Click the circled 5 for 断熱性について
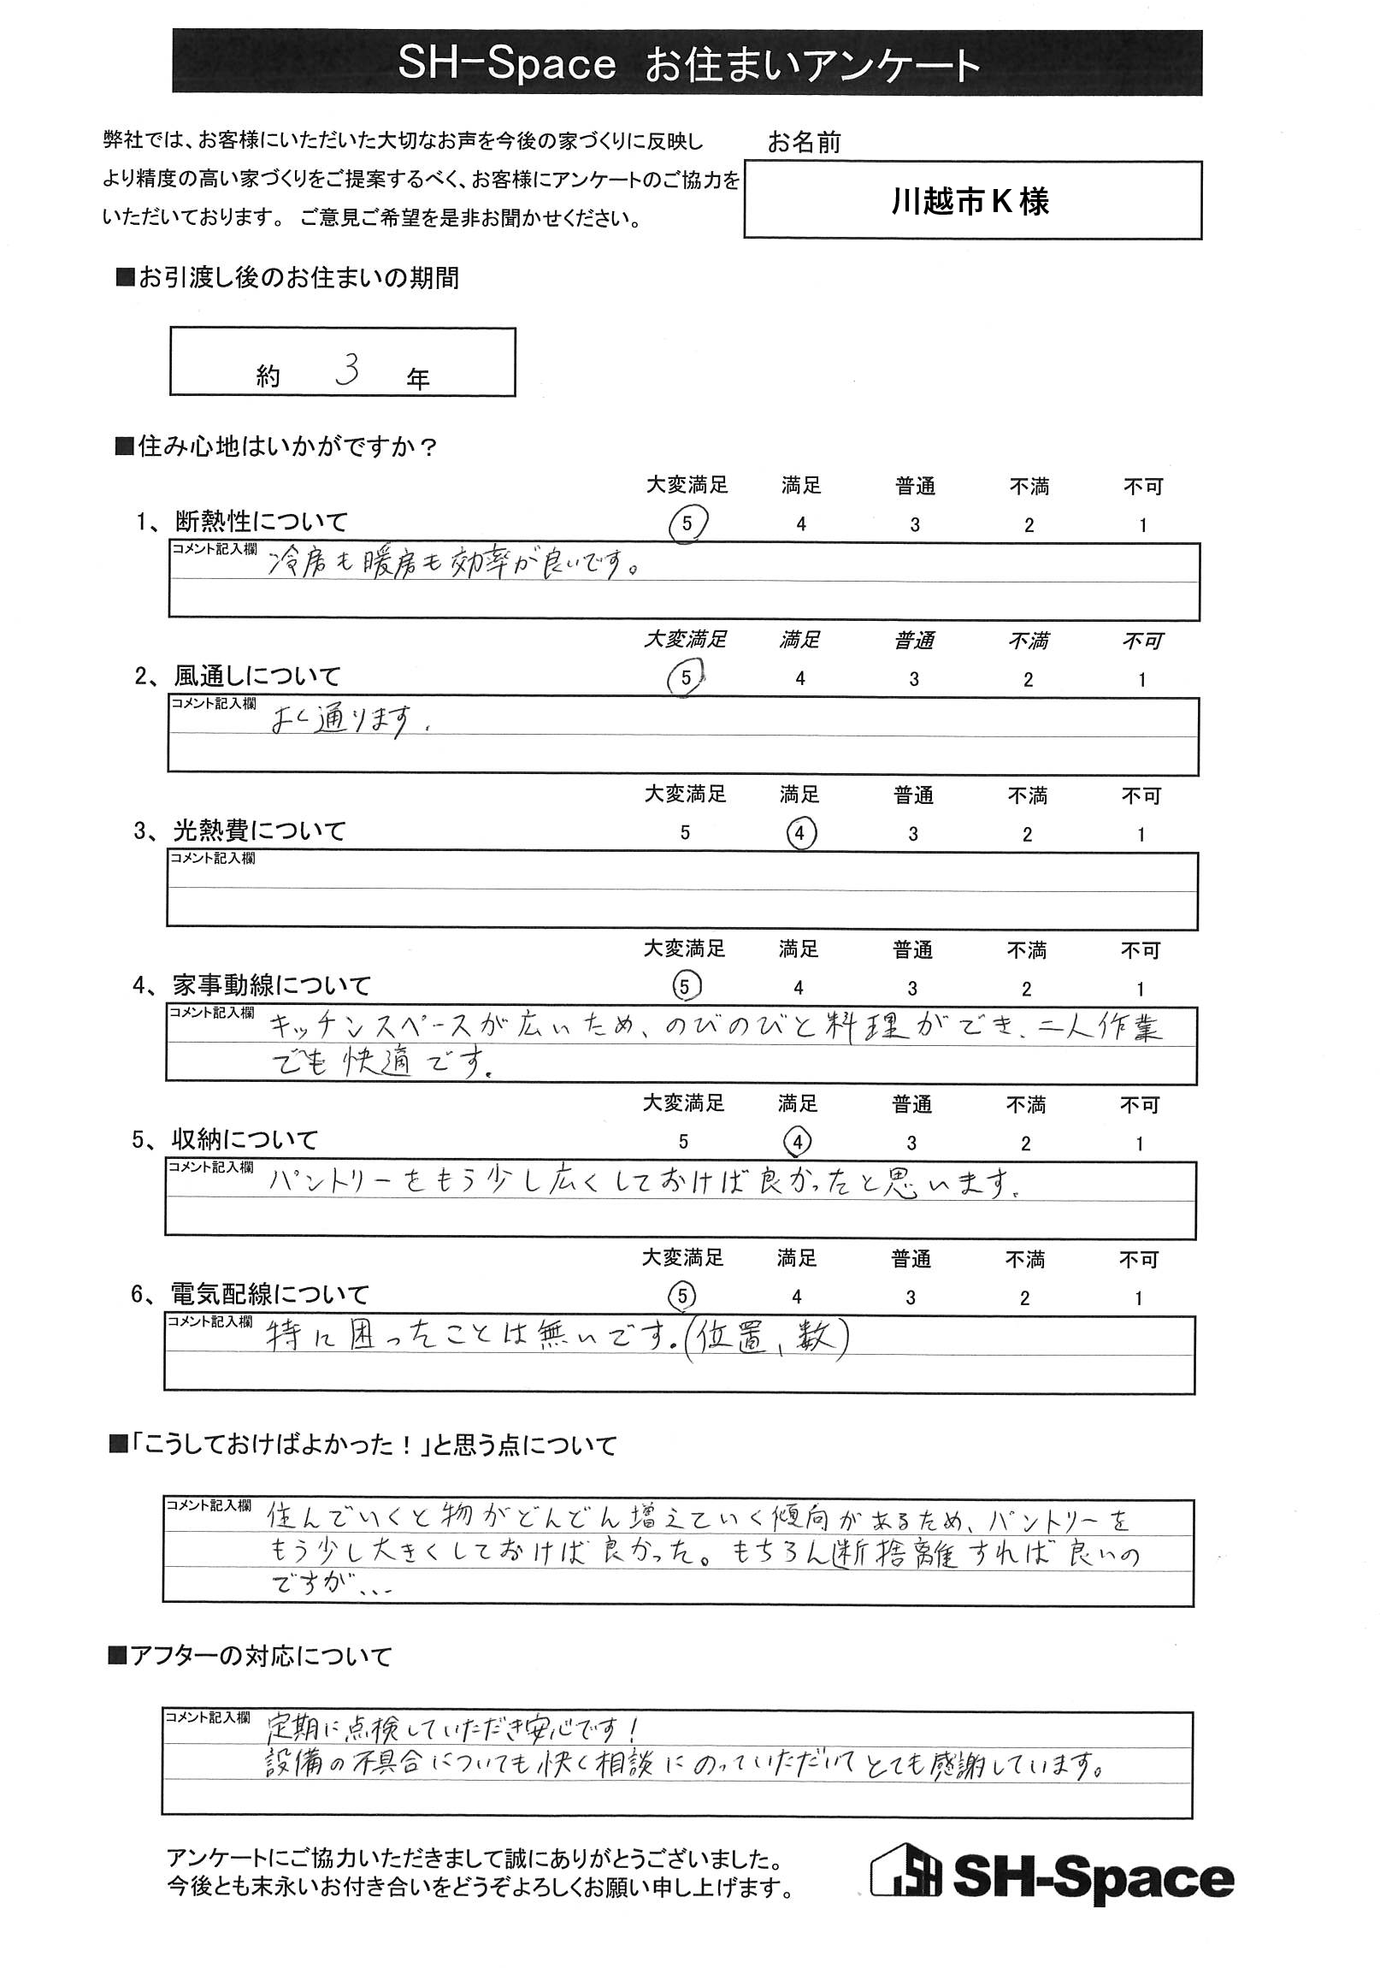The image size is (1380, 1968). (687, 523)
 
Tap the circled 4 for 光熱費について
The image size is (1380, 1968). (800, 833)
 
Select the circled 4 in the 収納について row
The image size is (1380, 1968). (797, 1142)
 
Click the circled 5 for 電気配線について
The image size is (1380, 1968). (682, 1296)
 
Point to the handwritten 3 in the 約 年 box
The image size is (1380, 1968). (347, 369)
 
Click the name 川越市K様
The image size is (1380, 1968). (970, 203)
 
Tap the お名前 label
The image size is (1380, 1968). (803, 142)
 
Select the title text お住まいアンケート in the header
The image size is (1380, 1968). (811, 64)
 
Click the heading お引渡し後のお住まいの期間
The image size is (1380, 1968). (298, 278)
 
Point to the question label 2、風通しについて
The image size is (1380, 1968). (238, 677)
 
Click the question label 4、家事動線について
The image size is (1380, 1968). (251, 985)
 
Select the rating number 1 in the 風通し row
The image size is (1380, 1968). (1141, 680)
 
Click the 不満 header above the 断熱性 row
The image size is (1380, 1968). (1029, 487)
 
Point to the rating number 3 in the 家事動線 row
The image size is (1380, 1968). (912, 989)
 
